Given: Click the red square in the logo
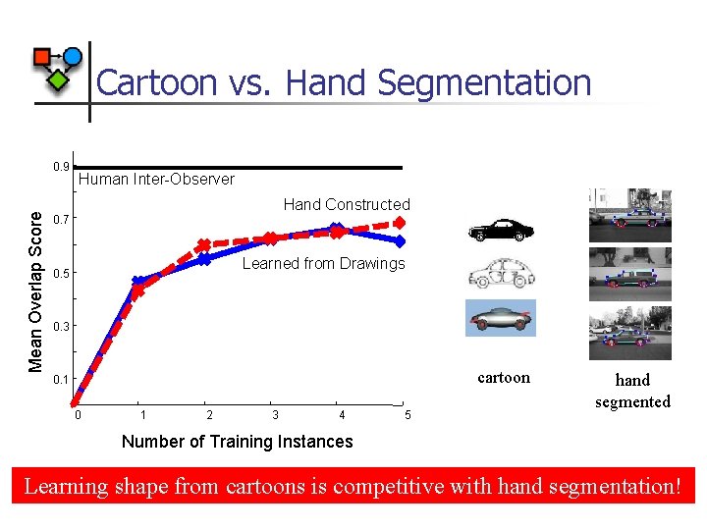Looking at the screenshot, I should coord(42,58).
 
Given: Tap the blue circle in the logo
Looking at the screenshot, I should coord(73,57).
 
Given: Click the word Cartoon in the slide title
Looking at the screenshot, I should coord(158,82).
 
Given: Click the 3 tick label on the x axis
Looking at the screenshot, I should coord(275,414).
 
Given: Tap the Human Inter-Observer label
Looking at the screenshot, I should coord(156,179).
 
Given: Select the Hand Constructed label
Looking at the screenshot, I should coord(347,204).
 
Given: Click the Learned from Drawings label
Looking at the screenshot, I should coord(323,263).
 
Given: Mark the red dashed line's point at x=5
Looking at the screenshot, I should coord(400,223).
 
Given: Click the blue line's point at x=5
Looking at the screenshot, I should coord(400,240).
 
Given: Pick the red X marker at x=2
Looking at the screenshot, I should coord(203,245).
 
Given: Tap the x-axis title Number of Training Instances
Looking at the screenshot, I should coord(237,442).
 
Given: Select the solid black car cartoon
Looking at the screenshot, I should coord(501,231).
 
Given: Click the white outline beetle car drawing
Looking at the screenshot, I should coord(501,274).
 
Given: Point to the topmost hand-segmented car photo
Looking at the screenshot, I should coord(630,215).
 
